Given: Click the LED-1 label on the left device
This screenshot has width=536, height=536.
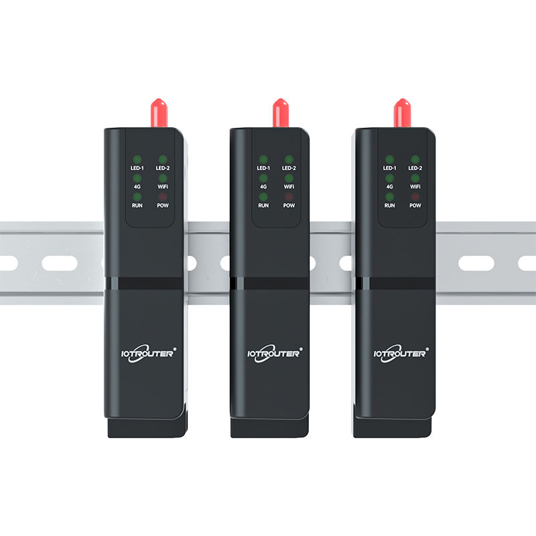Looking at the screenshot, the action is click(x=137, y=167).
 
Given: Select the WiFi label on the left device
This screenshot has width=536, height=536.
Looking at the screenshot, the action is click(x=163, y=186).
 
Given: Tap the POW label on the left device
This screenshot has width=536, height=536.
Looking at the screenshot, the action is click(x=163, y=205).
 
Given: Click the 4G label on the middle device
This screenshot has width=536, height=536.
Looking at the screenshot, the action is click(x=263, y=186).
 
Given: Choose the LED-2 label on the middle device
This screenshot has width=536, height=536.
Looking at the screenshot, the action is click(x=289, y=167).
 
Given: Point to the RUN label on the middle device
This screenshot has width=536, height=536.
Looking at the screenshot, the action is click(x=263, y=205).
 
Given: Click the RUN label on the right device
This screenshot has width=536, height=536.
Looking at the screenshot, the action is click(x=389, y=205).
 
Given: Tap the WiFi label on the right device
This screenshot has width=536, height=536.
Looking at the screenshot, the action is click(x=415, y=186).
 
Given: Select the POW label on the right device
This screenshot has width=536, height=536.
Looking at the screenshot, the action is click(x=415, y=205).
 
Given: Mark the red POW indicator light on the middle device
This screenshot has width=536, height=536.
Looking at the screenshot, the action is click(x=289, y=196).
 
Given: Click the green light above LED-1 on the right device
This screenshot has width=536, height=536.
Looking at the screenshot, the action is click(x=389, y=159).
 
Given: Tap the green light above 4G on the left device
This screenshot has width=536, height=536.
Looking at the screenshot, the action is click(x=137, y=178).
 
